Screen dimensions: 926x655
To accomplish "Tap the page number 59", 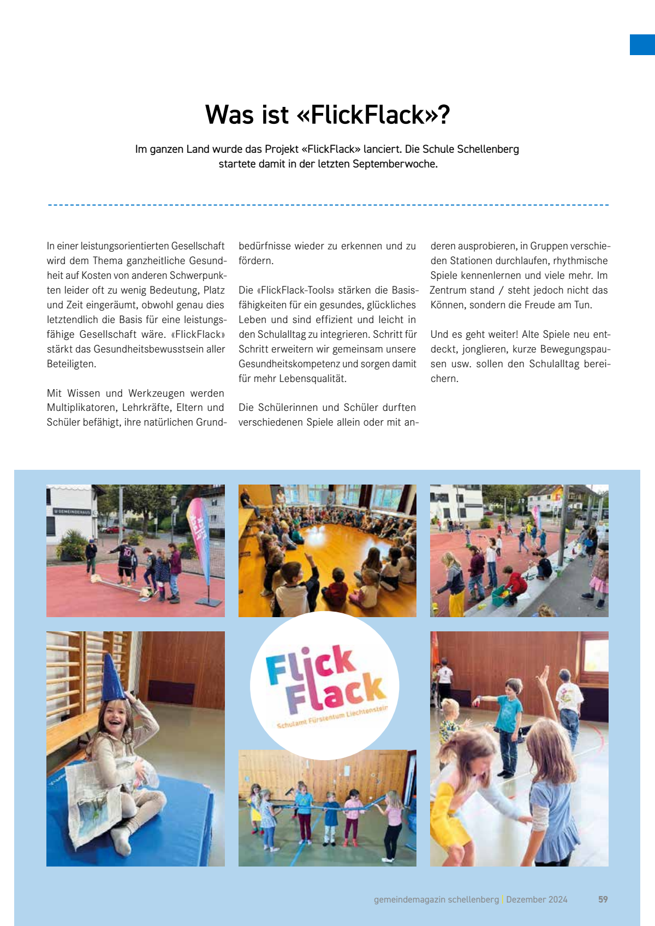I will coord(603,899).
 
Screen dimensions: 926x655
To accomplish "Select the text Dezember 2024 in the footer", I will coord(537,899).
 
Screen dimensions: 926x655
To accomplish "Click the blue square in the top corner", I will coord(642,45).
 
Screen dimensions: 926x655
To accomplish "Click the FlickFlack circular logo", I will coord(325,685).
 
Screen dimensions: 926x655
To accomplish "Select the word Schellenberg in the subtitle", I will coord(487,149).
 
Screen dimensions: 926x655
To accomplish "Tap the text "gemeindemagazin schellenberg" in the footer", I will coord(436,899).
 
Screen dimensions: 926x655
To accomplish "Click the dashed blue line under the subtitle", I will coord(327,205).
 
